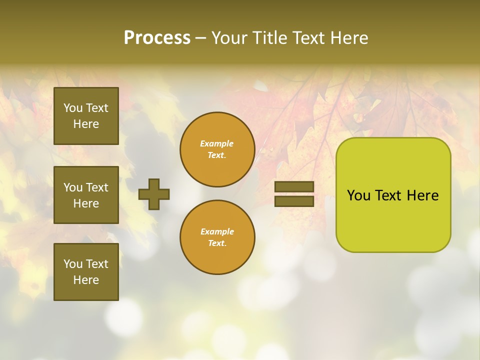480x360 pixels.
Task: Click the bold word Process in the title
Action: [157, 37]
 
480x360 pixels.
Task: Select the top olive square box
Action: [86, 116]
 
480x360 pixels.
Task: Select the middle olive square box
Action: [86, 195]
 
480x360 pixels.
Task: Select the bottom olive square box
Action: [86, 271]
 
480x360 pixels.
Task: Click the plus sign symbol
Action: [154, 194]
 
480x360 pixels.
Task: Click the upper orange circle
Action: [217, 149]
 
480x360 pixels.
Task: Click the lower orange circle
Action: [217, 237]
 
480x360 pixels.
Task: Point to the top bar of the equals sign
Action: [294, 186]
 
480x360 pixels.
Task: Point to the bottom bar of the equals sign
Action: [294, 201]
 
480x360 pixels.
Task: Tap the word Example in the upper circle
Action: [217, 143]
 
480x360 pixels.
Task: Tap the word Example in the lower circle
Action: [217, 231]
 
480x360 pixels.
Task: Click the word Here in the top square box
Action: [86, 124]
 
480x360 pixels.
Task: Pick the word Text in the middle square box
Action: [96, 187]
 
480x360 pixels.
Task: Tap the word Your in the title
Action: [229, 37]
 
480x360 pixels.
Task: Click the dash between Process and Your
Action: [200, 38]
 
